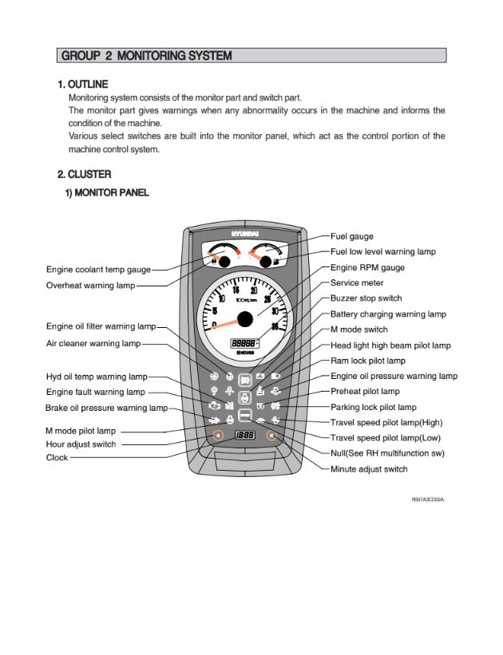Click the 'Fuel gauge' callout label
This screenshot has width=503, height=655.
pyautogui.click(x=351, y=237)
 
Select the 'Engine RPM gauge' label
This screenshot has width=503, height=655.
pyautogui.click(x=367, y=268)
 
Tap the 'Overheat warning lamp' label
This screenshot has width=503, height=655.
pyautogui.click(x=90, y=285)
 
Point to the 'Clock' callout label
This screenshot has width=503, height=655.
pyautogui.click(x=57, y=458)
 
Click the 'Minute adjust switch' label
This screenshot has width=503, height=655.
pyautogui.click(x=369, y=469)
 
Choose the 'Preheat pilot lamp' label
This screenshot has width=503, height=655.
pyautogui.click(x=365, y=392)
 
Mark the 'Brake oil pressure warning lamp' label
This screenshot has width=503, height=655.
pyautogui.click(x=106, y=408)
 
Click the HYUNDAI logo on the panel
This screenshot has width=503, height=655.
pyautogui.click(x=245, y=234)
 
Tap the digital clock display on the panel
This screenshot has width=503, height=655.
pyautogui.click(x=244, y=436)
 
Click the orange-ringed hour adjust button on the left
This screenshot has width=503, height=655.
pyautogui.click(x=217, y=436)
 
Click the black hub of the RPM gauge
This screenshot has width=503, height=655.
pyautogui.click(x=245, y=319)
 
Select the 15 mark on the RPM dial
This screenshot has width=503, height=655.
pyautogui.click(x=236, y=291)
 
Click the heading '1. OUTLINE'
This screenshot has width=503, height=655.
pyautogui.click(x=82, y=85)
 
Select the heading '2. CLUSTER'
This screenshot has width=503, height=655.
pyautogui.click(x=84, y=174)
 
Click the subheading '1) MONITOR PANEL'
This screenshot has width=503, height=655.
pyautogui.click(x=106, y=192)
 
